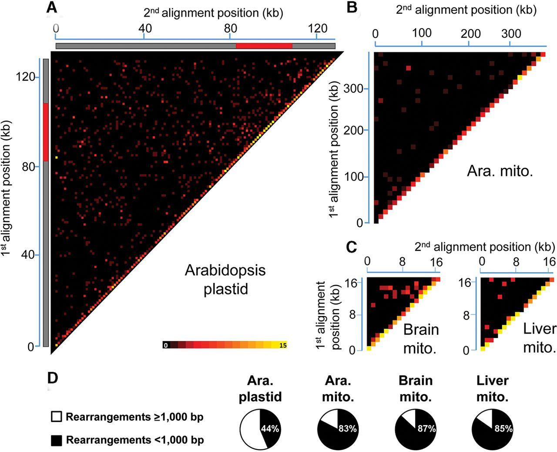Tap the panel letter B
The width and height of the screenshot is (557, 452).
(x=352, y=7)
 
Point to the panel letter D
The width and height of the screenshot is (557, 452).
(x=52, y=378)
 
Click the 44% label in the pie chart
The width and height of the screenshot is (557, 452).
(x=270, y=428)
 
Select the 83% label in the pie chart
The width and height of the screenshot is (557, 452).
(x=347, y=428)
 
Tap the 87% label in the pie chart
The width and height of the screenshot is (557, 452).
(x=426, y=428)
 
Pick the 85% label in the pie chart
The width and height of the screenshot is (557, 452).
(x=503, y=428)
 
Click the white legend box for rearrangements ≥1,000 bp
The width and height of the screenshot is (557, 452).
(x=56, y=417)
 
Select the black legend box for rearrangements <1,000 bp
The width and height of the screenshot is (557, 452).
(x=56, y=440)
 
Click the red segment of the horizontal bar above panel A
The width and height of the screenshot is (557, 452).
(x=264, y=46)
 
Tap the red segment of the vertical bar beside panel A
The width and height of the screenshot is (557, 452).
(x=46, y=132)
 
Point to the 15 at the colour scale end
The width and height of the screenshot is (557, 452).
(x=283, y=345)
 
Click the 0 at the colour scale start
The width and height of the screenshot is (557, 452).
(x=165, y=345)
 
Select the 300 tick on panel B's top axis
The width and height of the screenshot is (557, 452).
(x=511, y=34)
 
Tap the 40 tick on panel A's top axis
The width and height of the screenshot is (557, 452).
(x=144, y=29)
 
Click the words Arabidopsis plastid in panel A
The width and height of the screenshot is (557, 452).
(x=225, y=279)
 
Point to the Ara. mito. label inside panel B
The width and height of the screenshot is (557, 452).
(x=500, y=171)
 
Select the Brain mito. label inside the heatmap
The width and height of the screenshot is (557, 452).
(x=420, y=338)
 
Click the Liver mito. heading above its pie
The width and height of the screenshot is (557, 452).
(x=492, y=388)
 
